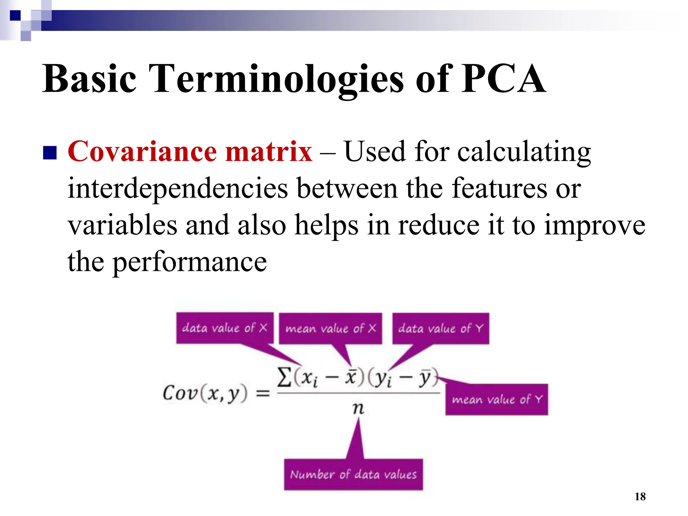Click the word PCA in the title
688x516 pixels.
click(503, 79)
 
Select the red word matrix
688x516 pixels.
click(269, 152)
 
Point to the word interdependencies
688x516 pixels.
click(178, 188)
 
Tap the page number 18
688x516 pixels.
click(640, 497)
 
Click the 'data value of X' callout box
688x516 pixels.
click(224, 328)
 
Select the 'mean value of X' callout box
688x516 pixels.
click(331, 328)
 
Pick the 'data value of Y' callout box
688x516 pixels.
click(440, 328)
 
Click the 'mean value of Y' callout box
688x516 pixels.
click(497, 399)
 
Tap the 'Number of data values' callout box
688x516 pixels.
click(353, 474)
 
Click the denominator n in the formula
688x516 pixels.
click(358, 408)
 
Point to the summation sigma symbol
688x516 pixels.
click(284, 377)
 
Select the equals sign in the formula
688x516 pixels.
click(263, 393)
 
